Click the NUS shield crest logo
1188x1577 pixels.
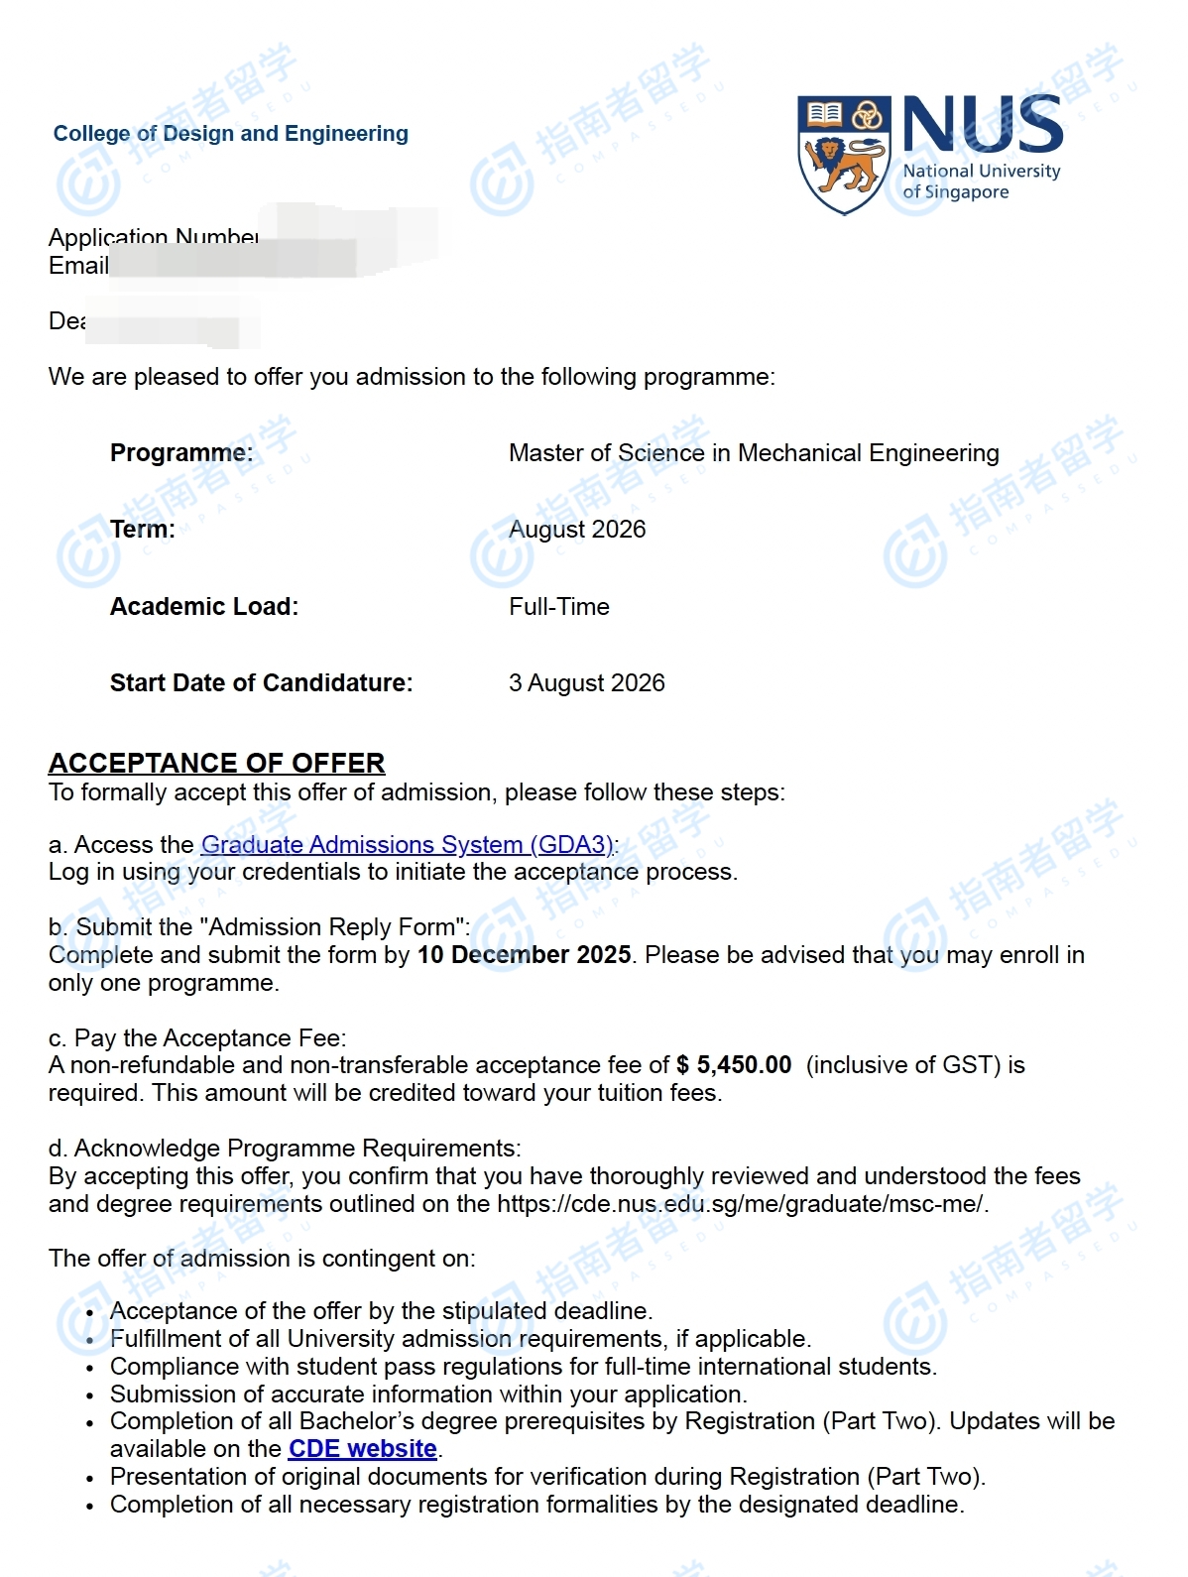[844, 155]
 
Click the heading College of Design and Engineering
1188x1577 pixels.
[230, 134]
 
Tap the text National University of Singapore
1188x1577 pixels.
[980, 182]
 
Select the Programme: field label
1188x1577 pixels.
[181, 453]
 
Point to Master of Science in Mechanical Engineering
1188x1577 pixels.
[754, 453]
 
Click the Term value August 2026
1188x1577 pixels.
[577, 530]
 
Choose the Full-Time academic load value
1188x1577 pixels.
[559, 607]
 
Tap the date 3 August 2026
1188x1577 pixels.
[586, 683]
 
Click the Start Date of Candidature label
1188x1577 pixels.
[261, 683]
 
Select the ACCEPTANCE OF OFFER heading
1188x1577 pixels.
[216, 763]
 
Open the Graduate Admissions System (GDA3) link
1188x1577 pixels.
[408, 845]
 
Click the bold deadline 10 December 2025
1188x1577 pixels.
[524, 955]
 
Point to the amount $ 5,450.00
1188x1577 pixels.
[734, 1065]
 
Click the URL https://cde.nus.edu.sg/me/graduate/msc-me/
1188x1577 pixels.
[740, 1204]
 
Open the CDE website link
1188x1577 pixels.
[363, 1449]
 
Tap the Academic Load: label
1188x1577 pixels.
[204, 607]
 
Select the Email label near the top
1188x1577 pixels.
[78, 266]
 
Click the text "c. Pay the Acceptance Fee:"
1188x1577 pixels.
[197, 1038]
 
